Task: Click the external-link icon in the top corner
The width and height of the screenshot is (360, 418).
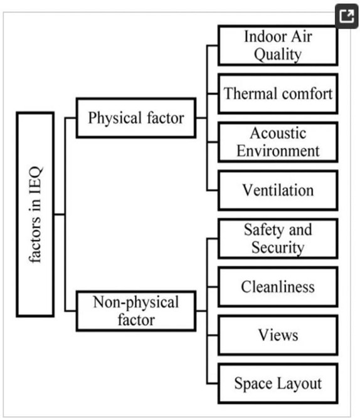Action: click(x=346, y=16)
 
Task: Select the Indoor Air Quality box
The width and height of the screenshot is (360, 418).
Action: click(x=278, y=45)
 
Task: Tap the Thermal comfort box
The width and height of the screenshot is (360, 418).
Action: click(x=278, y=94)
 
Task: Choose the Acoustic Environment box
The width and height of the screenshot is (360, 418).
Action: click(x=278, y=142)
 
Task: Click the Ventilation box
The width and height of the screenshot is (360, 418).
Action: click(x=278, y=191)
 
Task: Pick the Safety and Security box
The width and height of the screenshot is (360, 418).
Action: click(x=278, y=239)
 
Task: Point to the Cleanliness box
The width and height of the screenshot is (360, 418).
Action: click(x=278, y=287)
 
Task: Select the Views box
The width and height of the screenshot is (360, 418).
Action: click(x=278, y=335)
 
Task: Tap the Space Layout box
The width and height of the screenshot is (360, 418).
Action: click(x=278, y=384)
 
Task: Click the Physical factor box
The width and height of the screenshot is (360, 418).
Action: click(x=136, y=118)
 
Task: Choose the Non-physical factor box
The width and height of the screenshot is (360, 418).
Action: click(x=136, y=311)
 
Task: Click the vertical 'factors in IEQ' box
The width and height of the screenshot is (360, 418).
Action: click(x=35, y=214)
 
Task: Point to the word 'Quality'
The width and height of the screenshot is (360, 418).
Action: click(x=278, y=55)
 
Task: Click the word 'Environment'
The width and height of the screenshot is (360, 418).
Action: click(x=278, y=151)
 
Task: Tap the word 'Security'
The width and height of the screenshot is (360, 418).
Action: click(x=278, y=248)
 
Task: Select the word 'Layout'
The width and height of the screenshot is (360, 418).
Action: click(x=299, y=384)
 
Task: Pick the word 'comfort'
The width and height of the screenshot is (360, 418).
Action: click(x=307, y=94)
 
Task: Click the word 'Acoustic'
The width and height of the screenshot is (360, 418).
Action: click(x=278, y=133)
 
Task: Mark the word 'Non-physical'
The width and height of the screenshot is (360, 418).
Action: click(x=136, y=303)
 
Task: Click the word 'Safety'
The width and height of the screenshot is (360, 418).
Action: click(x=264, y=230)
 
